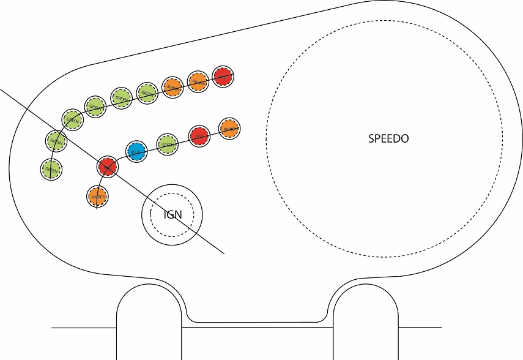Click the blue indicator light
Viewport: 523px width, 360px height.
coord(136,151)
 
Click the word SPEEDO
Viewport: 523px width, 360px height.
coord(388,138)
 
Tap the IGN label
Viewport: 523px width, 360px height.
coord(173,214)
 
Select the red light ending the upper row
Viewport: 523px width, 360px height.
coord(223,77)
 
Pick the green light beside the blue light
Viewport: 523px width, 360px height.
coord(167,144)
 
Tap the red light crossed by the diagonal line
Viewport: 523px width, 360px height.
coord(107,167)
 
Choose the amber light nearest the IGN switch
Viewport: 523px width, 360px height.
coord(97,197)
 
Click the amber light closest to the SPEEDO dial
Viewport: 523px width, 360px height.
coord(229,129)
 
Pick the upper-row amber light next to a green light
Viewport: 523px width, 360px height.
coord(173,87)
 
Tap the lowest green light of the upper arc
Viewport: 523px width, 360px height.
coord(51,169)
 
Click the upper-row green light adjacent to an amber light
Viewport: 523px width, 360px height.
coord(147,92)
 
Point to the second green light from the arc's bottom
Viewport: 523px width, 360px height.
coord(56,141)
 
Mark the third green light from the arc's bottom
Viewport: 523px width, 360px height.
coord(72,120)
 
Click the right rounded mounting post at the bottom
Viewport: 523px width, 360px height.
coord(366,321)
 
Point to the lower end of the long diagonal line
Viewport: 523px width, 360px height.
coord(223,253)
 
